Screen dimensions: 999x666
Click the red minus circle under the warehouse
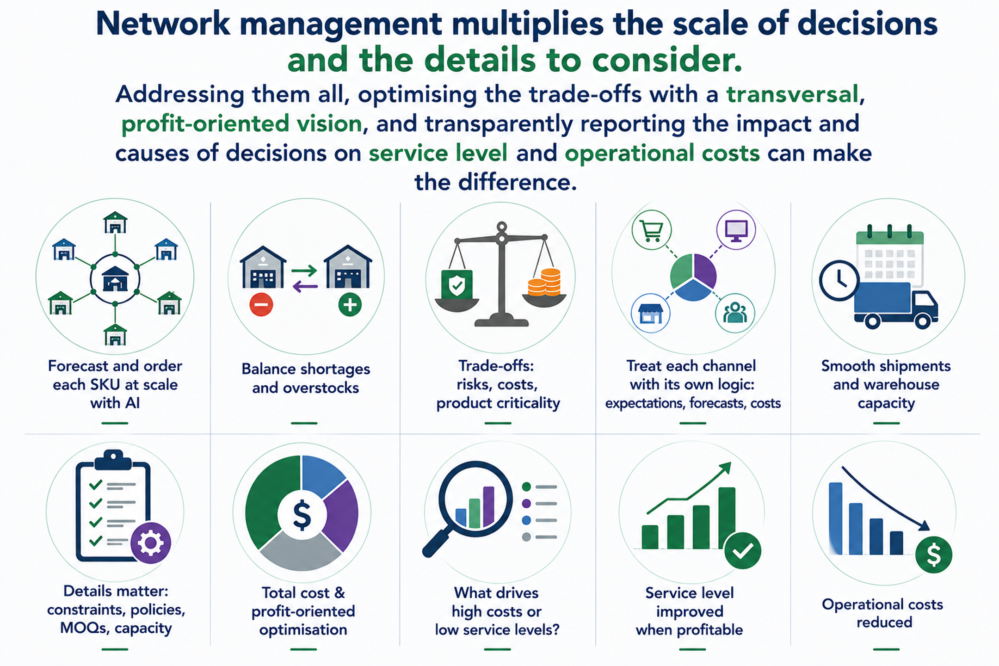pos(261,305)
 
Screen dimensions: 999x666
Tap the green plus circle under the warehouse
pos(350,305)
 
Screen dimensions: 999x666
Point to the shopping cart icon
pos(652,230)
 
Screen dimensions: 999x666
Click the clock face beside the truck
pos(839,281)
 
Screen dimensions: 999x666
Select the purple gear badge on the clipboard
pos(151,543)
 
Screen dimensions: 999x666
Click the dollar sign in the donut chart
pos(302,515)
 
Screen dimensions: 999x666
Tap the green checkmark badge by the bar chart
pos(743,550)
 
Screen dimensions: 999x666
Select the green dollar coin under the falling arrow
pos(934,555)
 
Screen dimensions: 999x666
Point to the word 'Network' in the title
pos(163,24)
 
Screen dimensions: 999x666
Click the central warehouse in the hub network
pos(115,279)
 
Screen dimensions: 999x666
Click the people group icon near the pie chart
pos(735,313)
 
